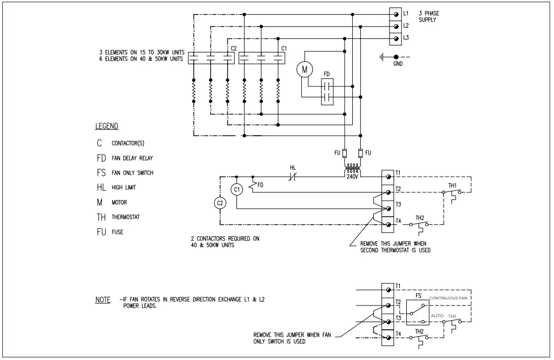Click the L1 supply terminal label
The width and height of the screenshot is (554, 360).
(x=406, y=13)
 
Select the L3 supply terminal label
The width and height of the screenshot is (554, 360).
(x=406, y=38)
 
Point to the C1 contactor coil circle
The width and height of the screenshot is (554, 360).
(x=236, y=189)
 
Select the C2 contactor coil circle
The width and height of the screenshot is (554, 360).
(x=219, y=203)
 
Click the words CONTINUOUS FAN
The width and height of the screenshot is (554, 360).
(x=451, y=298)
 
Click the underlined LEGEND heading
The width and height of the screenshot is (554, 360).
(x=107, y=126)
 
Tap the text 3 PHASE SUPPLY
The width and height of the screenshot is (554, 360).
(x=427, y=16)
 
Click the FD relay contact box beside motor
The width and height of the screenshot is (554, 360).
(x=326, y=93)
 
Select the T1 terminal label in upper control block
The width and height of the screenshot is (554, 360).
(x=398, y=174)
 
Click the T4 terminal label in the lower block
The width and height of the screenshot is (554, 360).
(x=398, y=334)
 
